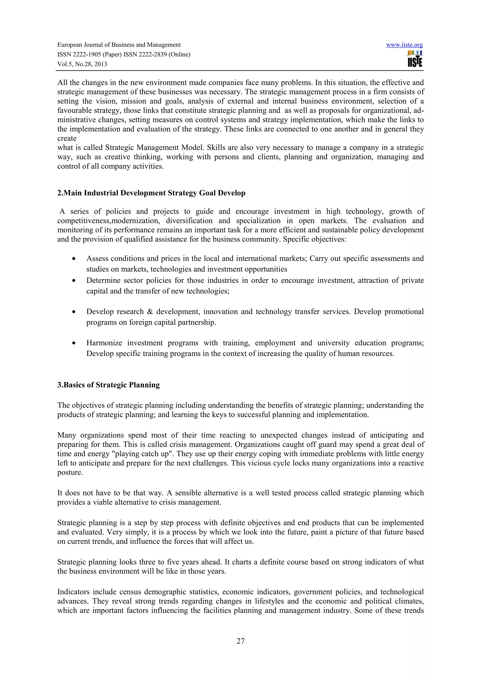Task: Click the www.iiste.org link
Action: (x=404, y=45)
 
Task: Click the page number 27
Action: (x=240, y=641)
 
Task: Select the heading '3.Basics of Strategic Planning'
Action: (x=109, y=385)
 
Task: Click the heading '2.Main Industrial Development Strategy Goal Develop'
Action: (x=151, y=193)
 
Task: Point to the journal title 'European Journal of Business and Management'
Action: (x=119, y=45)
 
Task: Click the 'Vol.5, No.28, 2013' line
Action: (x=82, y=64)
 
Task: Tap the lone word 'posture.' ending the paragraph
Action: (x=70, y=472)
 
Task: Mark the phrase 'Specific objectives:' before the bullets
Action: (x=314, y=239)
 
